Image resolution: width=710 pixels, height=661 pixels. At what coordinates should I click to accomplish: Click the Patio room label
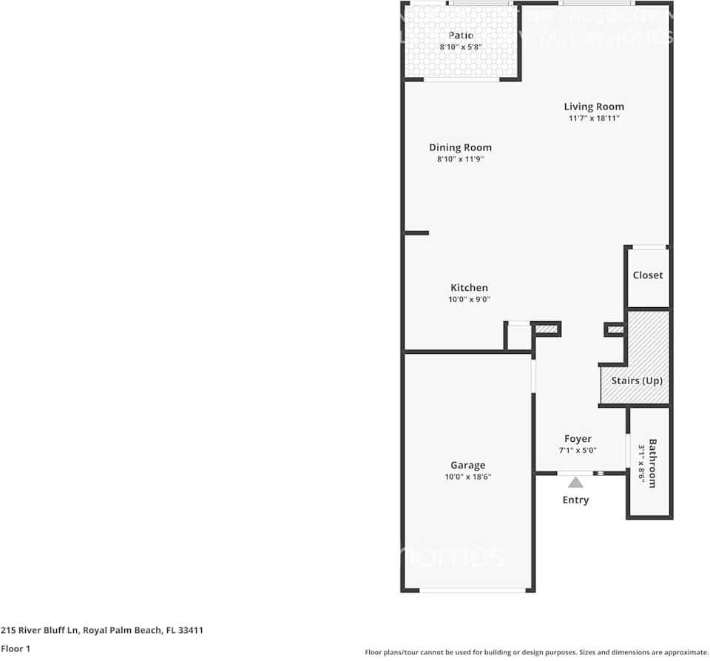click(461, 36)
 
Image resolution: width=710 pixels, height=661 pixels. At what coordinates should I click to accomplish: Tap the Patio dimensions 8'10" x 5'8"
click(461, 47)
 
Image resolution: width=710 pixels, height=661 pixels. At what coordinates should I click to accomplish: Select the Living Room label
click(594, 107)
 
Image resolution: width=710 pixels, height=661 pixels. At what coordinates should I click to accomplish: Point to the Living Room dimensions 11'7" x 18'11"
click(594, 118)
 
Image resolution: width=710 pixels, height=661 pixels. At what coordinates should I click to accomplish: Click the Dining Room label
click(460, 147)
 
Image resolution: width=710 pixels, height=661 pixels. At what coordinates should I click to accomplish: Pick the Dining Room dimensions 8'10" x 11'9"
click(460, 159)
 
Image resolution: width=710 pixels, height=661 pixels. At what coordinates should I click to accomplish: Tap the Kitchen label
click(469, 288)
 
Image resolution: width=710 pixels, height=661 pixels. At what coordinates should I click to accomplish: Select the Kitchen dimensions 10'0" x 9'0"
click(469, 300)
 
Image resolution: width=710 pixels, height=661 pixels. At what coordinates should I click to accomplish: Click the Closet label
click(647, 275)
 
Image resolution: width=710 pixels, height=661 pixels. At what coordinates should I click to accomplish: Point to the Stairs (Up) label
click(636, 381)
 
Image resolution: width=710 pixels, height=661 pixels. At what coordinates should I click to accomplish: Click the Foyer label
click(578, 439)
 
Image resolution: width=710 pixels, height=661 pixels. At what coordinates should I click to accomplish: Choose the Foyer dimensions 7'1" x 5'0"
click(578, 450)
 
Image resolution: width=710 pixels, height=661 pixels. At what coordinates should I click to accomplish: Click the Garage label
click(468, 466)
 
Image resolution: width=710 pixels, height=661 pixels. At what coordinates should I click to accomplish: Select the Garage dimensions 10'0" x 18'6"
click(468, 477)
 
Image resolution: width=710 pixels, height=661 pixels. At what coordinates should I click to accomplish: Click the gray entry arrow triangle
click(575, 483)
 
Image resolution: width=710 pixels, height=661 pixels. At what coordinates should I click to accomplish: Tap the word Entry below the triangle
click(575, 500)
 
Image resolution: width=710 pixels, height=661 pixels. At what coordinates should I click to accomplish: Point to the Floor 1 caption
click(16, 648)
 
